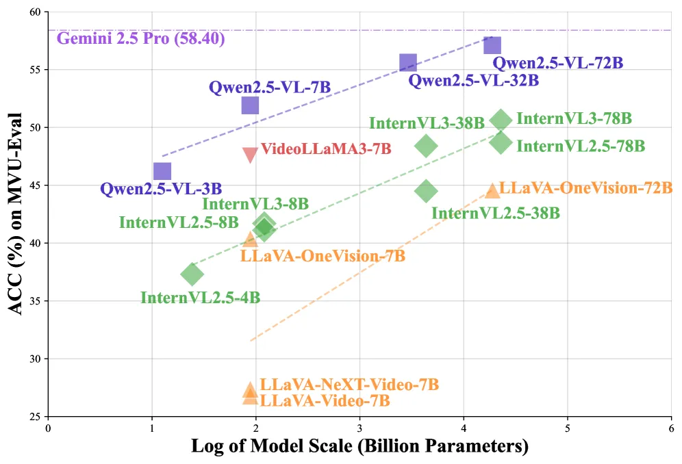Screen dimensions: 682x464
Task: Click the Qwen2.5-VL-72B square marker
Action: click(x=492, y=45)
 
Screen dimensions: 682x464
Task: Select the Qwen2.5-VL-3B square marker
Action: click(x=162, y=171)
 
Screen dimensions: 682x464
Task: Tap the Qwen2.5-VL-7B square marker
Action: click(x=250, y=105)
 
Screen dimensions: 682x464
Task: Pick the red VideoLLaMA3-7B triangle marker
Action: click(x=250, y=155)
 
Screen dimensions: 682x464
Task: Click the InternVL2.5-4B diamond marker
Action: click(x=192, y=274)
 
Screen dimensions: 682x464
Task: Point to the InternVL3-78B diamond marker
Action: click(x=501, y=120)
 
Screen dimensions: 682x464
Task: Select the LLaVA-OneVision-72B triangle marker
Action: click(x=492, y=190)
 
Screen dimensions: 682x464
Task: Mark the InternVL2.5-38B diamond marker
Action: click(x=426, y=190)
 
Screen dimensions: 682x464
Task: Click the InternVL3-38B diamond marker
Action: click(x=426, y=146)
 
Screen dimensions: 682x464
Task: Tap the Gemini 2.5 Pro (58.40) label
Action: click(x=141, y=38)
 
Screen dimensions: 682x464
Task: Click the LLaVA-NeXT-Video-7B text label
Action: click(x=349, y=385)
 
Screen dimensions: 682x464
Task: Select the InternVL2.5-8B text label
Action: click(x=179, y=222)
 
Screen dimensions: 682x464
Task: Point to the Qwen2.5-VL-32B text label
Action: click(x=473, y=81)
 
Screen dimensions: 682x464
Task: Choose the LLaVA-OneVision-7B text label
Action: click(x=323, y=256)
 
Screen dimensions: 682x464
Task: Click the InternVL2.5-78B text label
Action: click(x=581, y=146)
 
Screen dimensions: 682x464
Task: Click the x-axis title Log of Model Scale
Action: click(x=359, y=446)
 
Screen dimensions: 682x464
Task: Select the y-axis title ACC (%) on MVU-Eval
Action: click(x=15, y=214)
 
